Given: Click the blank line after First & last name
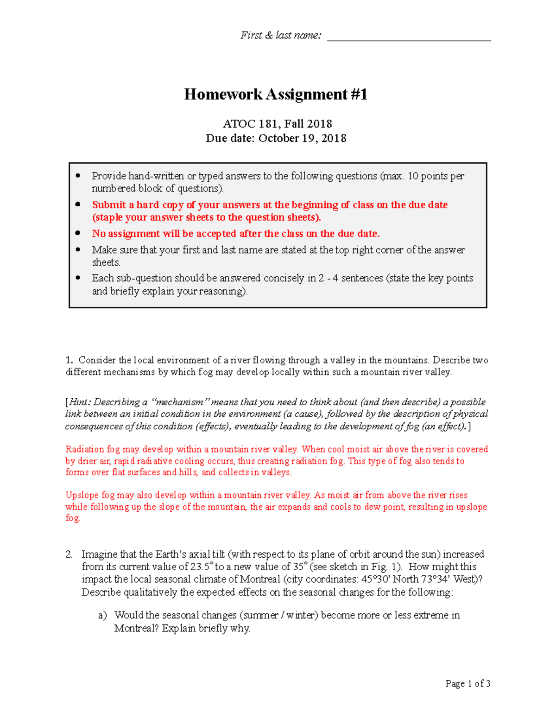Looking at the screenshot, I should coord(409,37).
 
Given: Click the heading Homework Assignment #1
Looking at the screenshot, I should coord(276,95).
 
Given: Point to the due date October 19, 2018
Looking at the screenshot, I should coord(302,138).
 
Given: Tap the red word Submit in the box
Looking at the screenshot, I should coord(109,205).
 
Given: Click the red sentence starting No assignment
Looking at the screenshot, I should coord(235,234).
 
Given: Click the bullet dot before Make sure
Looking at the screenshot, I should coord(78,249).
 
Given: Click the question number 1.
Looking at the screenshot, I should coord(69,360).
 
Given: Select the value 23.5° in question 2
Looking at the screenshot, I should coord(202,567).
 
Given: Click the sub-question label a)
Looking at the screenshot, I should coord(102,615).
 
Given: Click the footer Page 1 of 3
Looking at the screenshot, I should coord(468,683).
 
